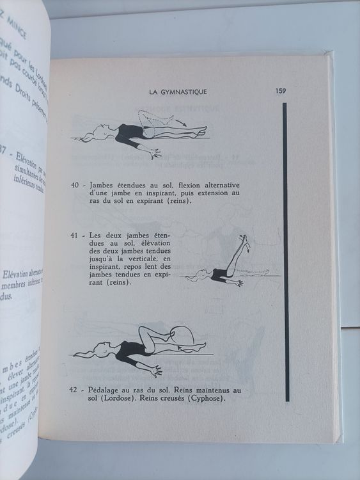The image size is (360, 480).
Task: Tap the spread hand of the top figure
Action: click(x=155, y=153)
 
